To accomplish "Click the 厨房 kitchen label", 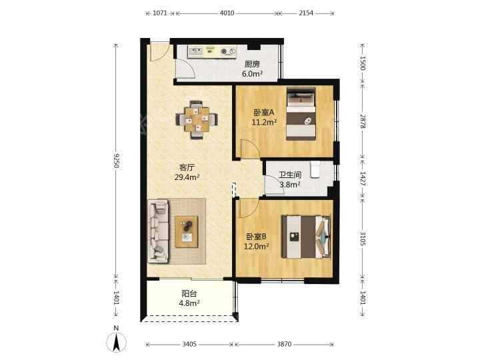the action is [x=252, y=64].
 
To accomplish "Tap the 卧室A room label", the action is [x=264, y=113].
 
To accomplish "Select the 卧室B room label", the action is [x=256, y=237].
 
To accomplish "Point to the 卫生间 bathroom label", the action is [x=290, y=175].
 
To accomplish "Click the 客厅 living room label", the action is [x=187, y=167].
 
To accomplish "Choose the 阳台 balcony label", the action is [x=189, y=293].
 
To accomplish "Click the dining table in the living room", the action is [x=197, y=119].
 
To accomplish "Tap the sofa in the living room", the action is [x=158, y=231].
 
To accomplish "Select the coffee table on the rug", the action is [x=187, y=232].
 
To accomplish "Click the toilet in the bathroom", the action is [x=315, y=169].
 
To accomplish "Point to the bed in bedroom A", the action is [x=301, y=114].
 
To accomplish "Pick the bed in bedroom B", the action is [x=306, y=237].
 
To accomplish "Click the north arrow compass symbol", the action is [x=116, y=342].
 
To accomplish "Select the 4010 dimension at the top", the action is [x=227, y=13].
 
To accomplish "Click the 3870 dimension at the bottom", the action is [x=284, y=344].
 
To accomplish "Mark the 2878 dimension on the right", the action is [x=363, y=121].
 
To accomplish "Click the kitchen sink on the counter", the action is [x=196, y=51].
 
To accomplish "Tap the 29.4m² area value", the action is [x=187, y=177].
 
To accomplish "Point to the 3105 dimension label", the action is [x=363, y=239].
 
